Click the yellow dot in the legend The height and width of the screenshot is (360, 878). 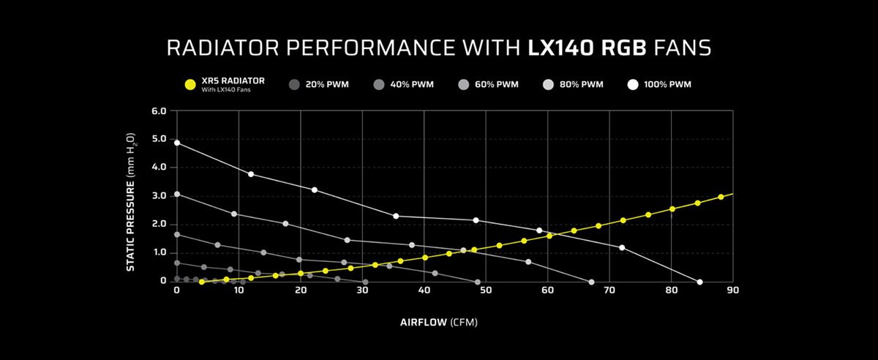190,85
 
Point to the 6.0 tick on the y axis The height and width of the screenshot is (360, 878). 159,111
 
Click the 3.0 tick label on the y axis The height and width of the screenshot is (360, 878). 159,196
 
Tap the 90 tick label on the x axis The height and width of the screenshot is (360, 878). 732,290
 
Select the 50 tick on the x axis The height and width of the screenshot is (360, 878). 486,290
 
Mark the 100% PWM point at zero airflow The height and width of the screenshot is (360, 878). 177,143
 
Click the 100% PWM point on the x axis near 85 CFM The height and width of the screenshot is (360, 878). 700,282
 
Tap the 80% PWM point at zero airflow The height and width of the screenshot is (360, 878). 177,194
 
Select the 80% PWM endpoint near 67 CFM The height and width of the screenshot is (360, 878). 591,282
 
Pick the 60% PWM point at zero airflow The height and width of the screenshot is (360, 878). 177,235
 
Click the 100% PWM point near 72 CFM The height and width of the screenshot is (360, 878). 622,247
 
